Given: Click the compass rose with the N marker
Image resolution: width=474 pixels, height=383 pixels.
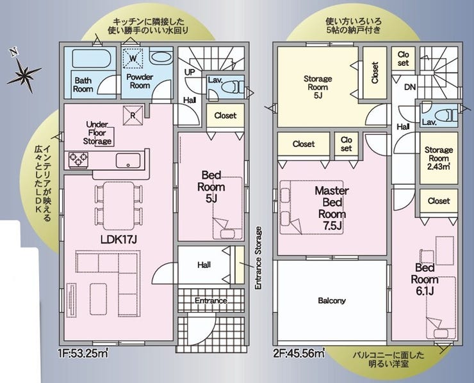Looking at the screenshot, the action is click(24, 72).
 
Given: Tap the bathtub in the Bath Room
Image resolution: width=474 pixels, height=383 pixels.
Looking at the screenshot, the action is click(91, 59).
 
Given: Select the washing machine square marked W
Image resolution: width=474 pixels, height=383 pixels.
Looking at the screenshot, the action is click(133, 58).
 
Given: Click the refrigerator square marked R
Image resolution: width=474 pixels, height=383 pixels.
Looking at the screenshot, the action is click(133, 115).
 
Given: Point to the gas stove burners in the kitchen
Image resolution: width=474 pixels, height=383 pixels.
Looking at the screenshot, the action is click(79, 160).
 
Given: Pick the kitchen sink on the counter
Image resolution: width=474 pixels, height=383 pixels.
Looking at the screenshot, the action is click(128, 160).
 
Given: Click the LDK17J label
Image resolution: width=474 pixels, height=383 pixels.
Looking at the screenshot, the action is click(118, 239).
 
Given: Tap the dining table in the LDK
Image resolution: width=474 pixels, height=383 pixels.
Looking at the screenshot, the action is click(118, 206).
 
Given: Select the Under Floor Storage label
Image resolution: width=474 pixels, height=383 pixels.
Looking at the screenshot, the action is click(97, 133).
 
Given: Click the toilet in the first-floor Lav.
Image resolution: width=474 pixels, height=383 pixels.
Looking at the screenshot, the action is click(233, 88).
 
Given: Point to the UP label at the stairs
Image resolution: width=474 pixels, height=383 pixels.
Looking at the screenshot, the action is click(190, 72).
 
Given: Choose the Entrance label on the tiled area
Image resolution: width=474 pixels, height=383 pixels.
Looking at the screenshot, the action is click(211, 301).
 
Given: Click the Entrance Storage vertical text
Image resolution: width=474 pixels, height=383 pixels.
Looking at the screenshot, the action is click(258, 258).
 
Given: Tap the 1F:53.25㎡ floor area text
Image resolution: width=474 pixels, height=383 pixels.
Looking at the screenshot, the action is click(83, 353).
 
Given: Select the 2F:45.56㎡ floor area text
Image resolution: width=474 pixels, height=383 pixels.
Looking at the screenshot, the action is click(299, 353).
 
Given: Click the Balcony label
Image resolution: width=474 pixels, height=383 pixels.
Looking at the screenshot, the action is click(332, 301).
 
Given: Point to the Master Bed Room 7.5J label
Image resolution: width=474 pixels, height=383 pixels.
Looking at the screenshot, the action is click(332, 208).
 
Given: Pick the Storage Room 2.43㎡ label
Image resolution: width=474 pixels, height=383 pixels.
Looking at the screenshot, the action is click(439, 159).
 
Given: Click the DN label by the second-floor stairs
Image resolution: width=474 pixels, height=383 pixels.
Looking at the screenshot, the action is click(410, 87).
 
